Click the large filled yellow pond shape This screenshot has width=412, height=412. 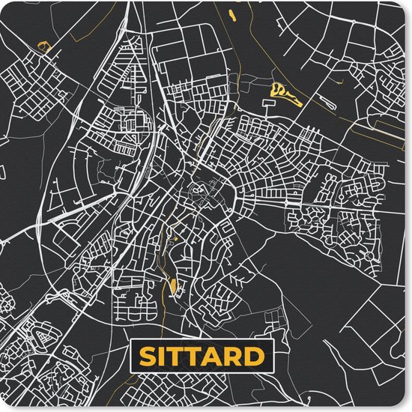[x=283, y=94]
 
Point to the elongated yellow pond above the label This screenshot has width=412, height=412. [x=175, y=285]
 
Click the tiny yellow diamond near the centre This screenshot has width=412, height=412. [x=175, y=238]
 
